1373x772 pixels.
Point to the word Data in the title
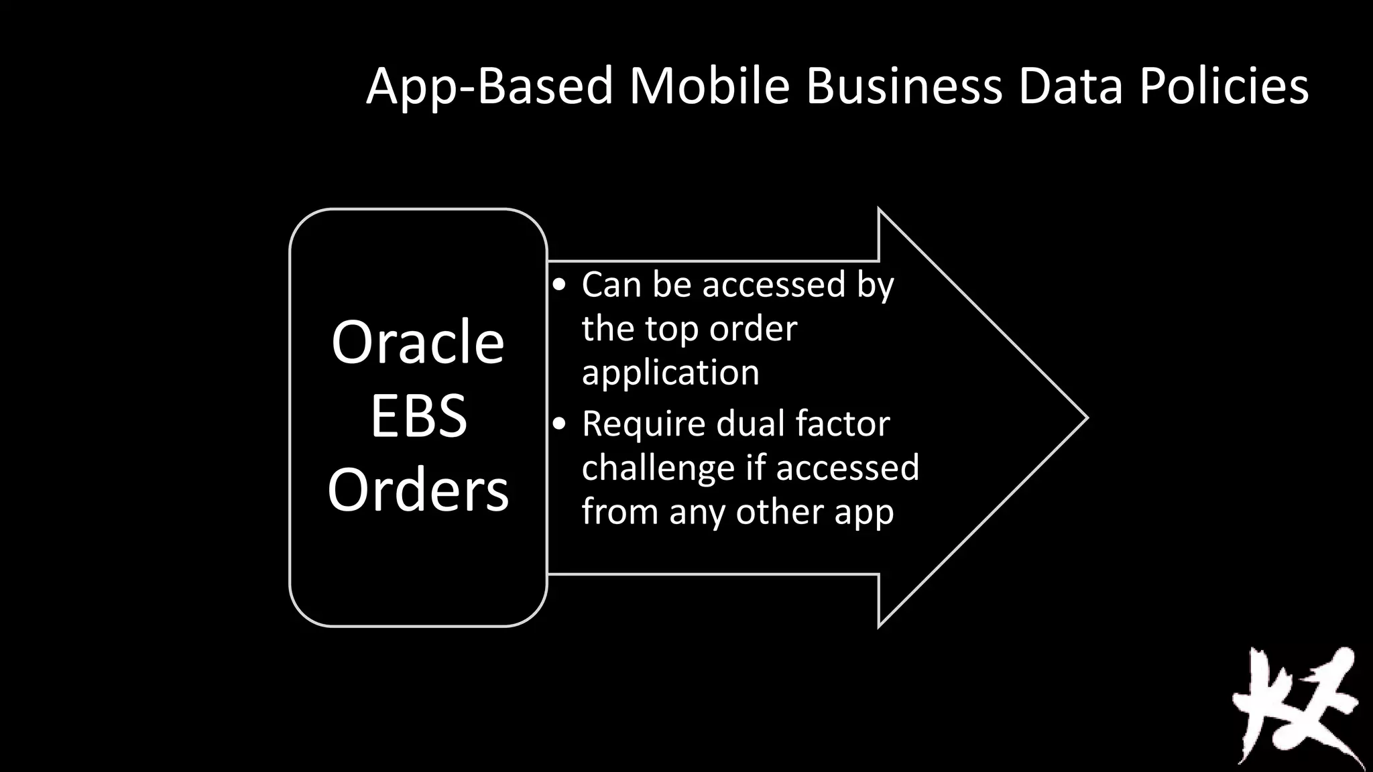click(1070, 86)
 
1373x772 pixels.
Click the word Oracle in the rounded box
click(418, 342)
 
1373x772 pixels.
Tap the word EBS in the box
click(418, 416)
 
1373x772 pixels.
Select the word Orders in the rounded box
click(418, 490)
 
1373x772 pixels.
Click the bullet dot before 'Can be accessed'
click(559, 285)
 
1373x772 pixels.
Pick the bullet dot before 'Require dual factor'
click(559, 424)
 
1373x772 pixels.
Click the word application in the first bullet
click(670, 373)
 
